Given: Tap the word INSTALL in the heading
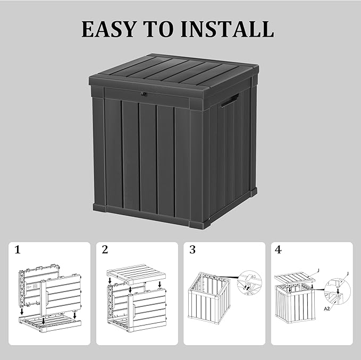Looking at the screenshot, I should pyautogui.click(x=228, y=29).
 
